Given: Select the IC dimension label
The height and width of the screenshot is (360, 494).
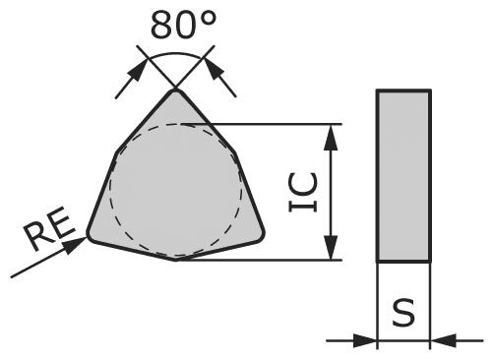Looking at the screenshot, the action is [x=303, y=193].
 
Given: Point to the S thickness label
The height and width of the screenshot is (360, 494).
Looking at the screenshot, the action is [x=403, y=314].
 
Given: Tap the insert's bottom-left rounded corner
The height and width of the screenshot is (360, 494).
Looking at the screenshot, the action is [x=92, y=236].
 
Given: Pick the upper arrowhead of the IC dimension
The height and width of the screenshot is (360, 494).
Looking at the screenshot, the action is [x=334, y=132].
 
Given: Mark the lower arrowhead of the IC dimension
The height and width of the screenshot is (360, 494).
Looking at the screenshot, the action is [x=334, y=253].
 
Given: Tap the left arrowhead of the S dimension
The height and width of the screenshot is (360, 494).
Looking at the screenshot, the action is [x=369, y=341].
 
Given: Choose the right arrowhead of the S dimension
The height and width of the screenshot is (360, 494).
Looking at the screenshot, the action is [x=439, y=341].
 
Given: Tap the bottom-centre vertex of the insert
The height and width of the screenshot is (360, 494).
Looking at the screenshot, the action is [x=176, y=260].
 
